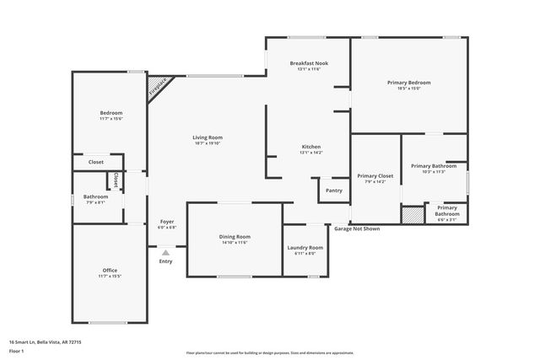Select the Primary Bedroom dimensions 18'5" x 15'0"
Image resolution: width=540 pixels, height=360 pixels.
click(x=408, y=89)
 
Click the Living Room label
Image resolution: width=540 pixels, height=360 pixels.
click(x=208, y=137)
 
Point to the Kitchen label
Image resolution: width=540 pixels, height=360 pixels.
click(x=311, y=147)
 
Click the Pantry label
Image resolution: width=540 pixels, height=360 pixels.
click(x=334, y=191)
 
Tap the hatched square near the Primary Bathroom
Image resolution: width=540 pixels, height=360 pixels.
click(x=411, y=216)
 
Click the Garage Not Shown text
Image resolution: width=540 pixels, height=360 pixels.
click(x=356, y=228)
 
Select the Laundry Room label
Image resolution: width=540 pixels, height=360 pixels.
click(x=305, y=247)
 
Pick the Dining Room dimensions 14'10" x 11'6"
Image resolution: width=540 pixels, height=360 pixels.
click(x=235, y=243)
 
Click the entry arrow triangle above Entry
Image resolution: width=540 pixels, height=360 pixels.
click(x=165, y=251)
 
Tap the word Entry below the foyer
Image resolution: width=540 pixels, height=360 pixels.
click(x=165, y=261)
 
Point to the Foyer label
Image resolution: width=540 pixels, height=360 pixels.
click(x=167, y=222)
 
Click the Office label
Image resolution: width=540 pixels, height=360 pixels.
click(x=110, y=270)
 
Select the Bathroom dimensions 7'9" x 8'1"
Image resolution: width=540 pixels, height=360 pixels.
click(x=95, y=202)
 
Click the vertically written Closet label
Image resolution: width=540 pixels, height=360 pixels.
click(x=116, y=180)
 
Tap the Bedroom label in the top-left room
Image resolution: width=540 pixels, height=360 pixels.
click(x=111, y=113)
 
